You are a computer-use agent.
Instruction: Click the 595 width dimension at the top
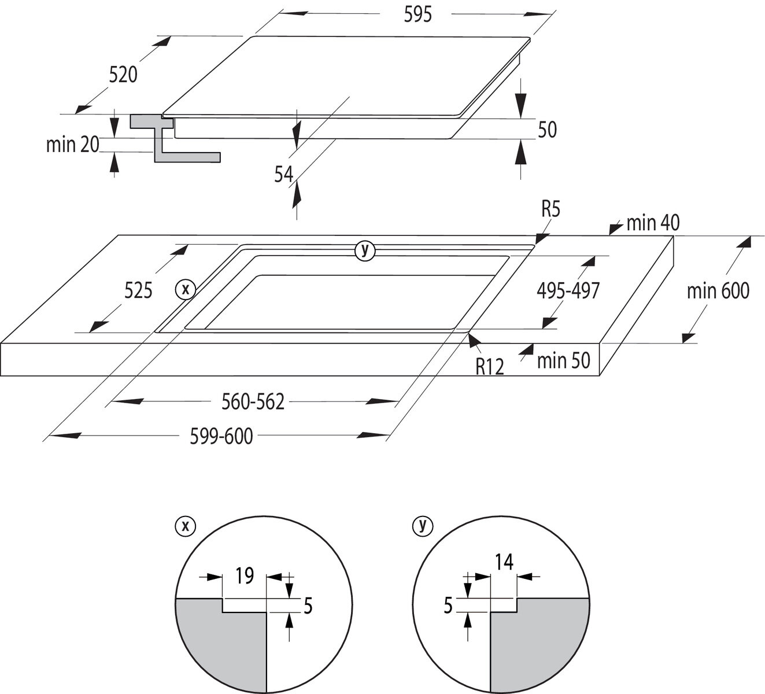(417, 14)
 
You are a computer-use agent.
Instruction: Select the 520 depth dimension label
(123, 75)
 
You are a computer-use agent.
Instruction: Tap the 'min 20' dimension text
(73, 144)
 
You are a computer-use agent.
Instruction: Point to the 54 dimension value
(284, 174)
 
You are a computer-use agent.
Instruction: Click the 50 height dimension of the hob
(546, 130)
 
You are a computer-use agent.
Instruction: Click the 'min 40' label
(652, 223)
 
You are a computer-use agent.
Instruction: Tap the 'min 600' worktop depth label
(718, 291)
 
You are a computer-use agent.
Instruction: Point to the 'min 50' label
(563, 361)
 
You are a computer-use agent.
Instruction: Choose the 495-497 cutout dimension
(568, 291)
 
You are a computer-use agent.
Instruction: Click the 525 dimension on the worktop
(138, 290)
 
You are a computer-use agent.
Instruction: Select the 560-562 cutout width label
(253, 402)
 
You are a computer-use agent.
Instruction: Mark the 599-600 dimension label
(221, 437)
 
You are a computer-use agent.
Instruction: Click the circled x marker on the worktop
(186, 289)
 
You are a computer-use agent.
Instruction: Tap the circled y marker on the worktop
(364, 250)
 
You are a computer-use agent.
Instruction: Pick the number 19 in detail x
(245, 576)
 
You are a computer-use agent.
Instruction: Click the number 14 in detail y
(504, 562)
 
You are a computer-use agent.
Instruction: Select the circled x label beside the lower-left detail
(185, 526)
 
